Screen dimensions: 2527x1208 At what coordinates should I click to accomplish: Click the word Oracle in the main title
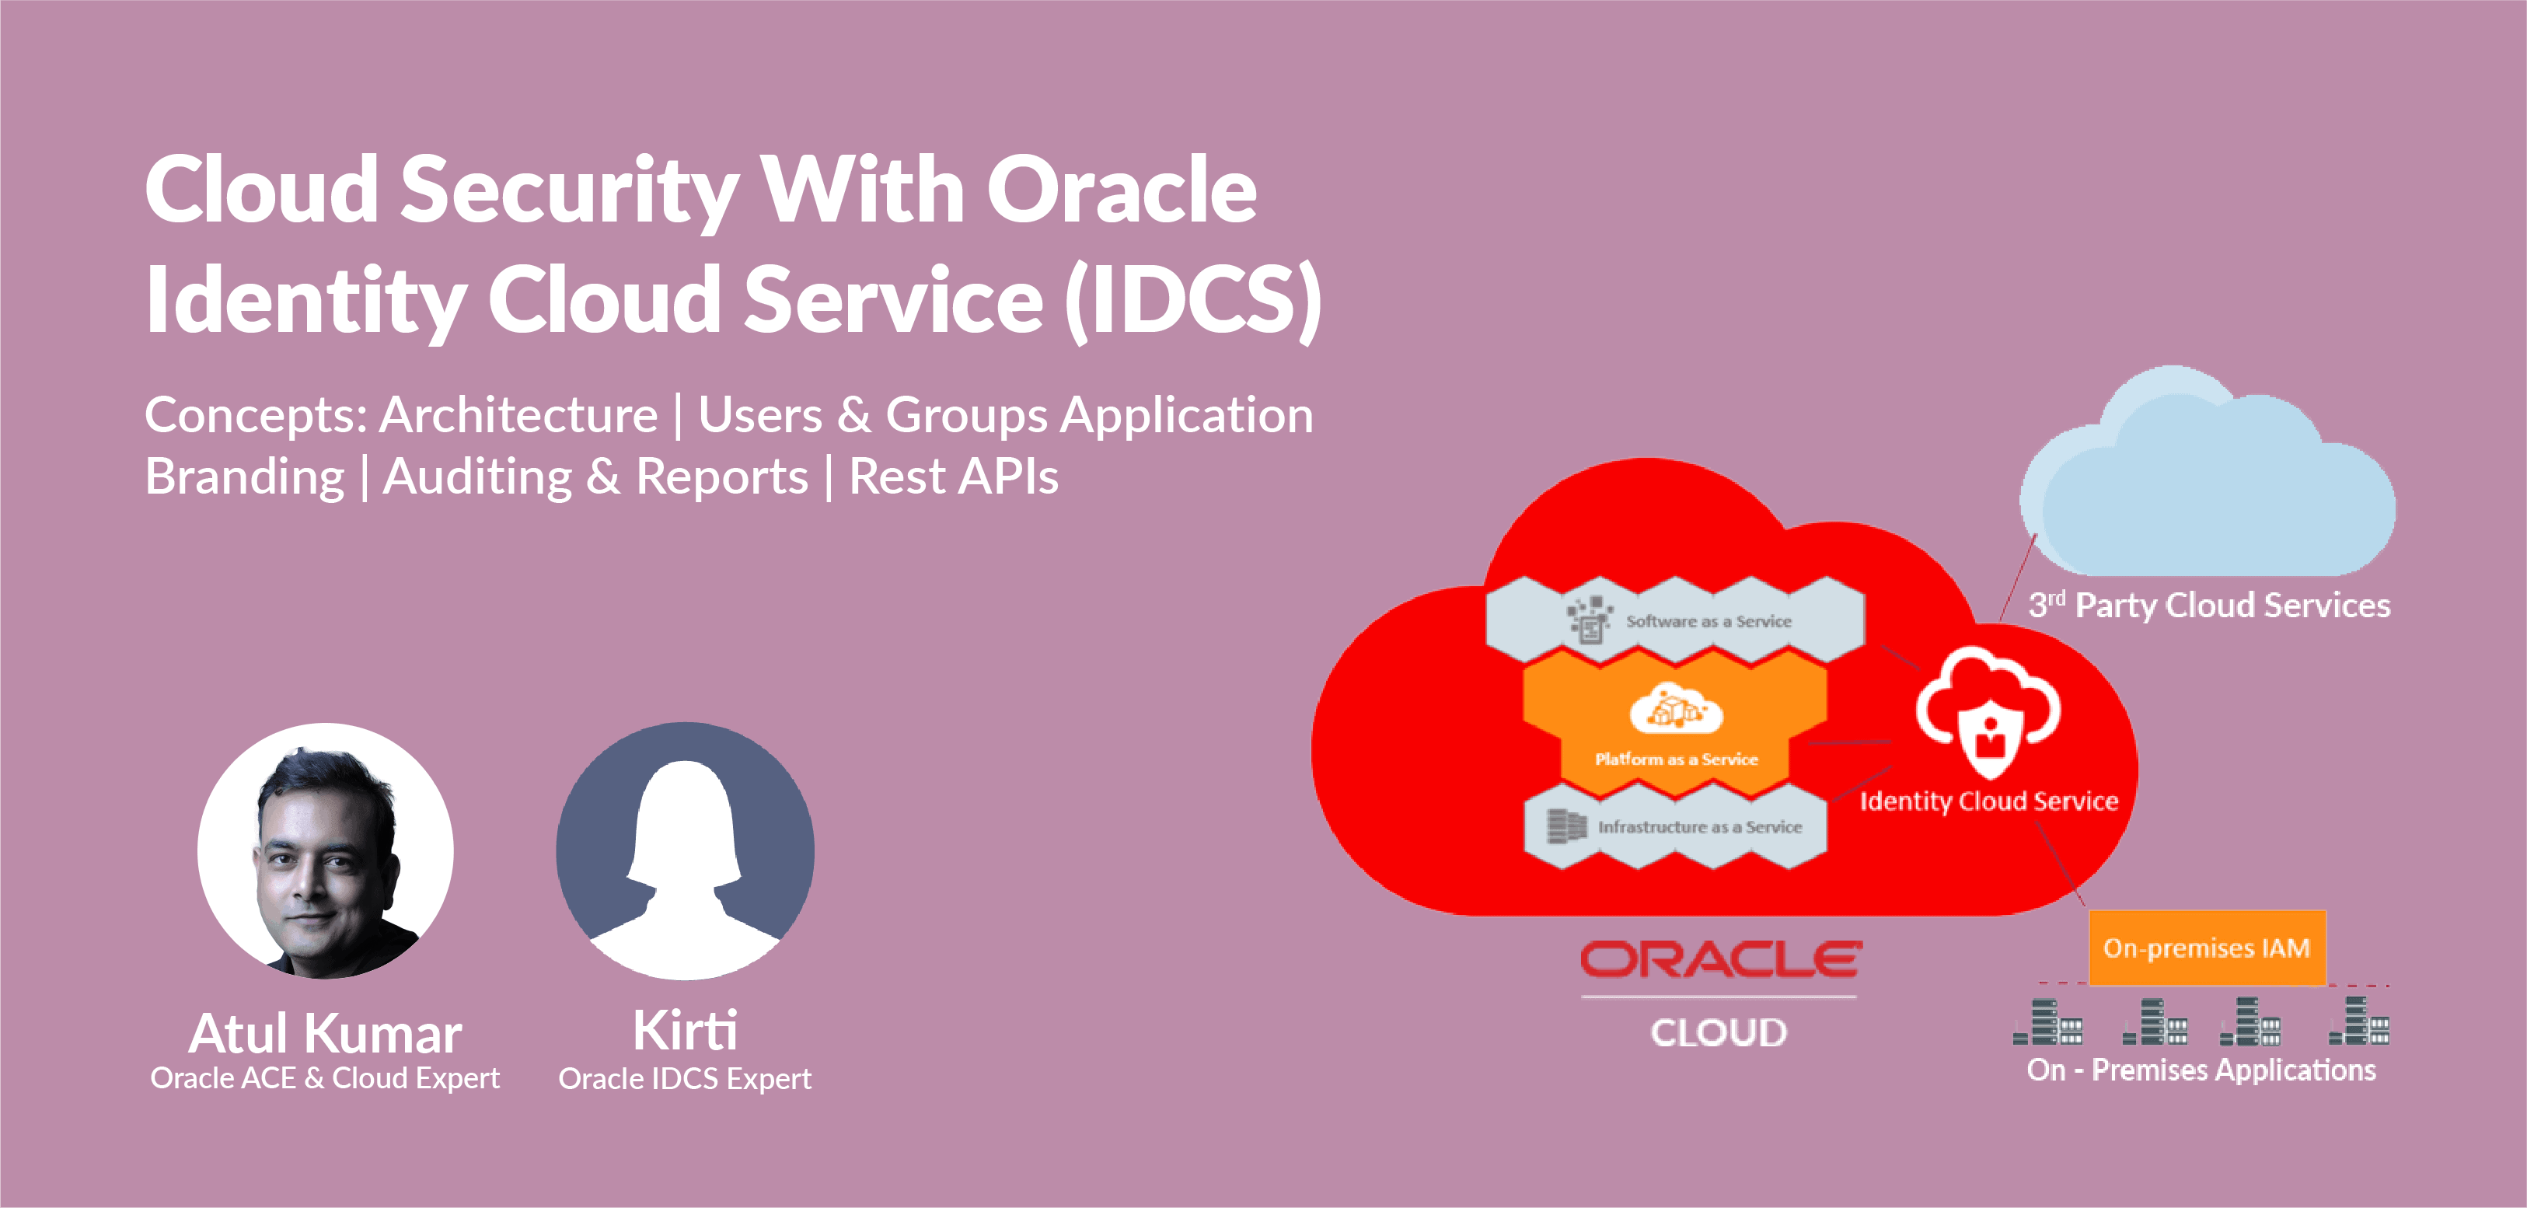tap(1122, 190)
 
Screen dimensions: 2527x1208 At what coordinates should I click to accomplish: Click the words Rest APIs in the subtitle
tap(954, 477)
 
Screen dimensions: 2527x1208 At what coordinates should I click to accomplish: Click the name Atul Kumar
tap(325, 1033)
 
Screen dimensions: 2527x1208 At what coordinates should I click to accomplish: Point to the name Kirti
tap(685, 1031)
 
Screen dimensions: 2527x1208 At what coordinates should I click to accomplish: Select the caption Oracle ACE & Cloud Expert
tap(325, 1078)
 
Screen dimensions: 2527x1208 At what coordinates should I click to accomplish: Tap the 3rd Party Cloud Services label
tap(2209, 606)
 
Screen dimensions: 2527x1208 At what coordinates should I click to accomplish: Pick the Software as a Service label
tap(1708, 621)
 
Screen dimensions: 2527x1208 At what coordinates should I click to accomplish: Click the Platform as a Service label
tap(1676, 759)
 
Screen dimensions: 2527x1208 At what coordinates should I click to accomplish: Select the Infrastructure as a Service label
tap(1700, 827)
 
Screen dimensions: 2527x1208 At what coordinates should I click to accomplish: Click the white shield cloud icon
tap(1988, 711)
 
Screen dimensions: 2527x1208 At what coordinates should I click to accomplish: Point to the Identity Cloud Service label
tap(1988, 801)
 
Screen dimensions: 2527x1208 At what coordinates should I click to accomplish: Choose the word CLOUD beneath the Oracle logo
tap(1719, 1032)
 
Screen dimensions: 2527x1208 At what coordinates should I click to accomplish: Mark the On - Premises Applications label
tap(2201, 1070)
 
